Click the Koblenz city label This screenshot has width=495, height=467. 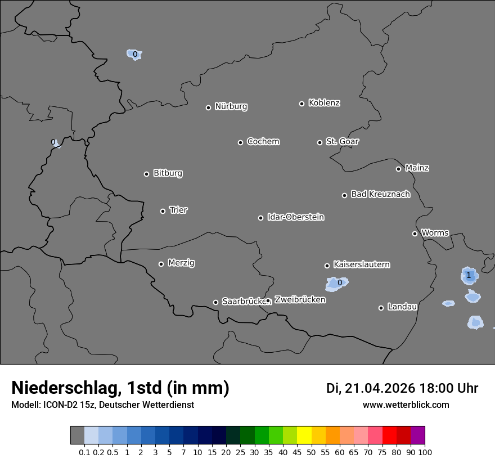pyautogui.click(x=324, y=103)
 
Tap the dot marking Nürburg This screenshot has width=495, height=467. pyautogui.click(x=208, y=107)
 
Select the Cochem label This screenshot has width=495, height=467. pyautogui.click(x=263, y=141)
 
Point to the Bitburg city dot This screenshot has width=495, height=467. pyautogui.click(x=146, y=174)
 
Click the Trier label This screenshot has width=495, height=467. pyautogui.click(x=178, y=210)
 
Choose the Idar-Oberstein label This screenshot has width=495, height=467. pyautogui.click(x=296, y=217)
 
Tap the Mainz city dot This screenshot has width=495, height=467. pyautogui.click(x=398, y=169)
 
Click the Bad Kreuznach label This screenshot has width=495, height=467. pyautogui.click(x=380, y=194)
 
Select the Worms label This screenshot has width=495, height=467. pyautogui.click(x=435, y=232)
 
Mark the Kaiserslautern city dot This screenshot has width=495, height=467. pyautogui.click(x=327, y=266)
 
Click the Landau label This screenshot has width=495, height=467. pyautogui.click(x=402, y=307)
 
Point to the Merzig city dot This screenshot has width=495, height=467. pyautogui.click(x=161, y=264)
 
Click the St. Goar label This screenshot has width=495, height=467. pyautogui.click(x=342, y=141)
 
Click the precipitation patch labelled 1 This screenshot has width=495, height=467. pyautogui.click(x=469, y=275)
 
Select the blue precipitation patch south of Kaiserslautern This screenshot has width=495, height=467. pyautogui.click(x=337, y=283)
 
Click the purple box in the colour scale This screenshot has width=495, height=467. pyautogui.click(x=418, y=435)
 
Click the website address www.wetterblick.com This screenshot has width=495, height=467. pyautogui.click(x=406, y=405)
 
